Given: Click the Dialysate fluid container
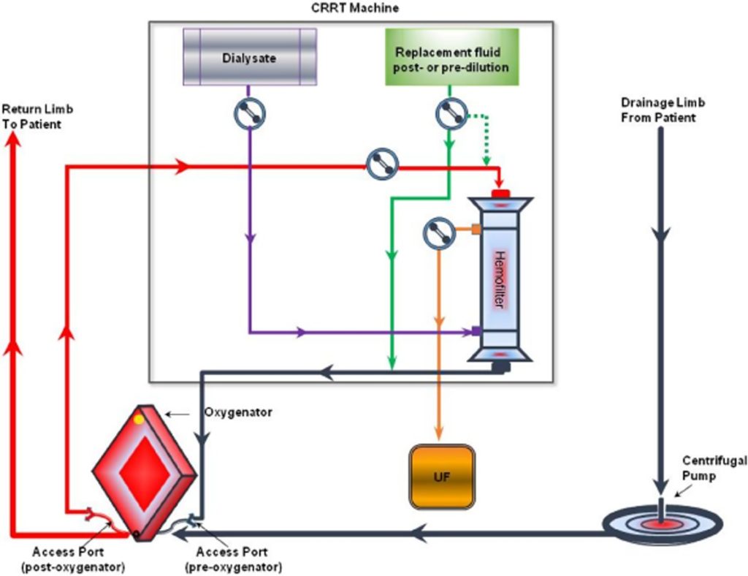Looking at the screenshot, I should tap(249, 58).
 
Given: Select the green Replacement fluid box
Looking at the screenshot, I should tap(451, 58).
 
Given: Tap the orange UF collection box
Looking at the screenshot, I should tap(442, 477).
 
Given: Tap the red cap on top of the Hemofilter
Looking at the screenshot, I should tap(500, 193).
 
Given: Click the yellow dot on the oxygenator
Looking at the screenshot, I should tap(139, 420).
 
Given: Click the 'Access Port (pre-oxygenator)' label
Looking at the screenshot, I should tap(232, 559).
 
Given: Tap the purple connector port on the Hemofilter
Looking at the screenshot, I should tap(476, 332).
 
